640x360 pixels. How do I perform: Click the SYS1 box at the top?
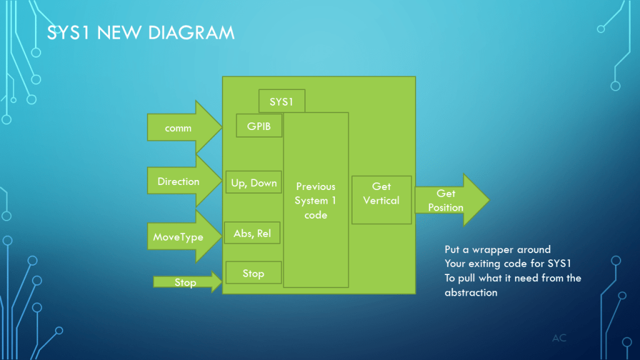[282, 101]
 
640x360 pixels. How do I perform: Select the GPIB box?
[259, 125]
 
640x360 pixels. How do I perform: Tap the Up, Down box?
[254, 182]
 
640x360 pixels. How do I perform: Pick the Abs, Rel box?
[252, 233]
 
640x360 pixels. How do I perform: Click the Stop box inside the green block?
[253, 273]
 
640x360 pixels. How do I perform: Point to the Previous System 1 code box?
[316, 200]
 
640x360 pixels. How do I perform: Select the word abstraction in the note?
[471, 292]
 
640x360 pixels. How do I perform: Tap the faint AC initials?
[559, 338]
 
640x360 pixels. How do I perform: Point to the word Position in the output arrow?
[446, 207]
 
